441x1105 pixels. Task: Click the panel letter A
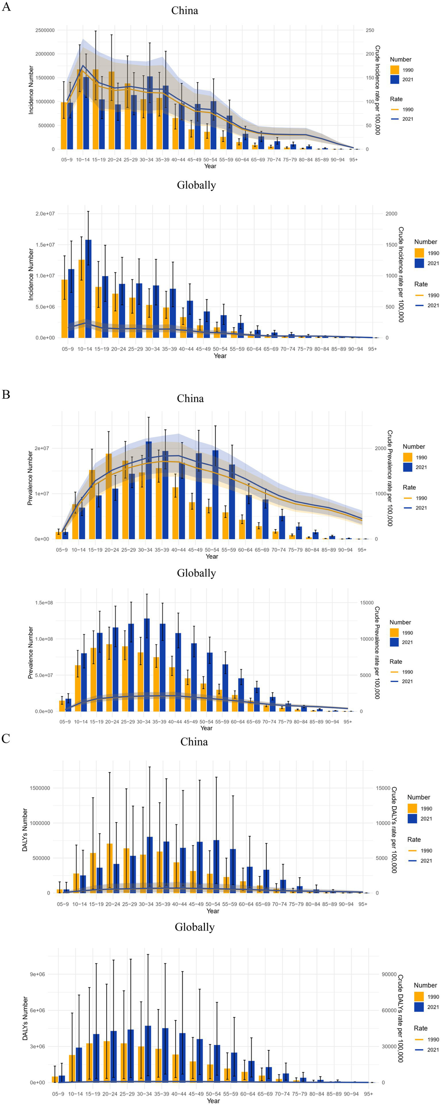[x=6, y=7]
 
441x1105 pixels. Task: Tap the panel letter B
[x=6, y=394]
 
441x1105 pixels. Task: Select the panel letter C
[x=6, y=739]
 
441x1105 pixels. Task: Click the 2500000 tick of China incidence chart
[x=45, y=30]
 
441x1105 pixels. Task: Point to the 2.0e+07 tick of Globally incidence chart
[x=45, y=213]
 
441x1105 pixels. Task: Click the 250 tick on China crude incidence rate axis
[x=370, y=30]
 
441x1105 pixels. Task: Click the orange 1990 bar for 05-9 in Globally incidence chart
[x=65, y=309]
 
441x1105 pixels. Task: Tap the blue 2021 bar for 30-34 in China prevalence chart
[x=149, y=491]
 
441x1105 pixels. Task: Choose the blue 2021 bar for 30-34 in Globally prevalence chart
[x=147, y=665]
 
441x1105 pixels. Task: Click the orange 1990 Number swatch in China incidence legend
[x=395, y=70]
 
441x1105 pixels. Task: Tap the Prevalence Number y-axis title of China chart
[x=30, y=478]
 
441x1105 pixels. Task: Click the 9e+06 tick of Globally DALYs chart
[x=37, y=974]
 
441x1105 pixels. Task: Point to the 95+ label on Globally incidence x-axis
[x=372, y=349]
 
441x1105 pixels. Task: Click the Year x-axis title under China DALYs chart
[x=213, y=911]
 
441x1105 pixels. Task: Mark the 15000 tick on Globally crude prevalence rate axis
[x=367, y=602]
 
